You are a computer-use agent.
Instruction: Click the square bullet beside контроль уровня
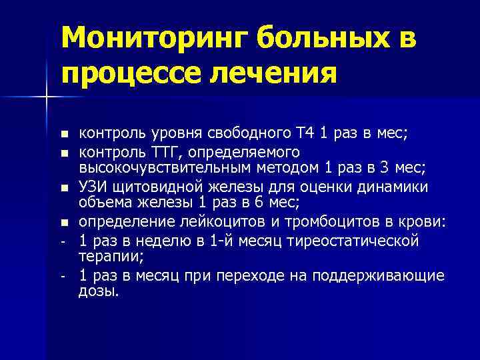63,135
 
